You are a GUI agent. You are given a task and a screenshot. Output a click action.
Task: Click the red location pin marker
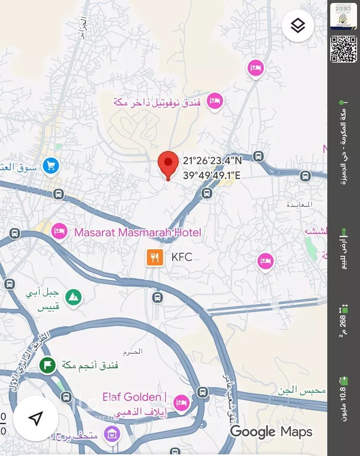pyautogui.click(x=168, y=164)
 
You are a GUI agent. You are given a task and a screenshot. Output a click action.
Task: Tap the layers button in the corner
pyautogui.click(x=298, y=25)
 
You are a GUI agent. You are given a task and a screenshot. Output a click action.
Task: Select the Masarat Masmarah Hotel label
pyautogui.click(x=137, y=233)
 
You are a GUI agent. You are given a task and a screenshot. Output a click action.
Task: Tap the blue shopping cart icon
pyautogui.click(x=50, y=166)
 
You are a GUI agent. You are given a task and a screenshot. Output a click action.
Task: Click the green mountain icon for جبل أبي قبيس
pyautogui.click(x=73, y=297)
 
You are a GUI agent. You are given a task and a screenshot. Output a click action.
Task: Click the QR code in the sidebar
pyautogui.click(x=343, y=49)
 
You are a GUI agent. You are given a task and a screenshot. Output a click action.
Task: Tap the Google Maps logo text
pyautogui.click(x=271, y=431)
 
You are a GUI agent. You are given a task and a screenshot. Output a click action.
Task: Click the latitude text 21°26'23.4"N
pyautogui.click(x=212, y=161)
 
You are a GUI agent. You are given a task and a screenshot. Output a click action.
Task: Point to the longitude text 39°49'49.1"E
pyautogui.click(x=212, y=175)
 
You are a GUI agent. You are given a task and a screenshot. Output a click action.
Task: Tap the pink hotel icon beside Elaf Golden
pyautogui.click(x=181, y=403)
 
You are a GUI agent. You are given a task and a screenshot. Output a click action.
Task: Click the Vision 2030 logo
pyautogui.click(x=343, y=16)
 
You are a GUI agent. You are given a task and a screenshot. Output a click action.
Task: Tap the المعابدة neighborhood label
pyautogui.click(x=300, y=205)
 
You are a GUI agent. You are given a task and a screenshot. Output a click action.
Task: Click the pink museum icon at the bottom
pyautogui.click(x=112, y=435)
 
